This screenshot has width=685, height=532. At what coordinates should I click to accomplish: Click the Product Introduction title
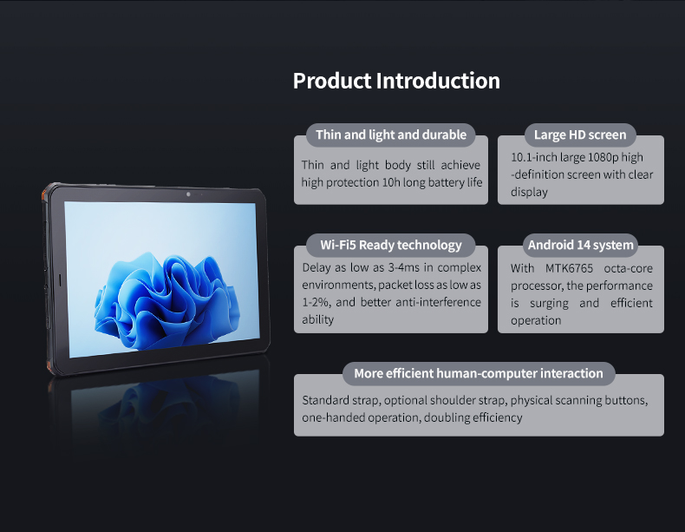pos(396,81)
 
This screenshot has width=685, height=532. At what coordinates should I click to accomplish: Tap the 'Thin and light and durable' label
pos(391,135)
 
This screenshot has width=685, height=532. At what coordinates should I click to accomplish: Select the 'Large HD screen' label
pos(580,135)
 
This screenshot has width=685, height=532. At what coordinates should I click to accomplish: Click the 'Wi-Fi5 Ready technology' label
pos(390,245)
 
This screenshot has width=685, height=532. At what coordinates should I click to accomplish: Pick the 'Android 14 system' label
pos(581,245)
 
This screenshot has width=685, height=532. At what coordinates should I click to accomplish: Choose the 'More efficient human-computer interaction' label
pos(479,373)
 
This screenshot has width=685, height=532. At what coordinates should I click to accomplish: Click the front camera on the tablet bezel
pos(188,194)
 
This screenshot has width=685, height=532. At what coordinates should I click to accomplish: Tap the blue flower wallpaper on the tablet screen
pos(166,302)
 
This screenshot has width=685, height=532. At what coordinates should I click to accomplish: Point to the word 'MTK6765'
pos(569,268)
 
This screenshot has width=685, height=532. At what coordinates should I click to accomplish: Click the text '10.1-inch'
pos(527,157)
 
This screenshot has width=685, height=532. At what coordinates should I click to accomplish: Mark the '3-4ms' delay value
pos(404,267)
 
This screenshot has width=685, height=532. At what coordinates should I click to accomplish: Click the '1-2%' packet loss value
pos(316,302)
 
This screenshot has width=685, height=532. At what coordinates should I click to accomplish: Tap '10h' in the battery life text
pos(391,182)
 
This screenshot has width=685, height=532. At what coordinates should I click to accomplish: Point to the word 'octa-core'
pos(629,268)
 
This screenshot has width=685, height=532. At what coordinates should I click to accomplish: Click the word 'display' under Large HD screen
pos(529,193)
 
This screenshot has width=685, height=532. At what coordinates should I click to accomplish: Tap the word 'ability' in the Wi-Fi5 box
pos(317,319)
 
